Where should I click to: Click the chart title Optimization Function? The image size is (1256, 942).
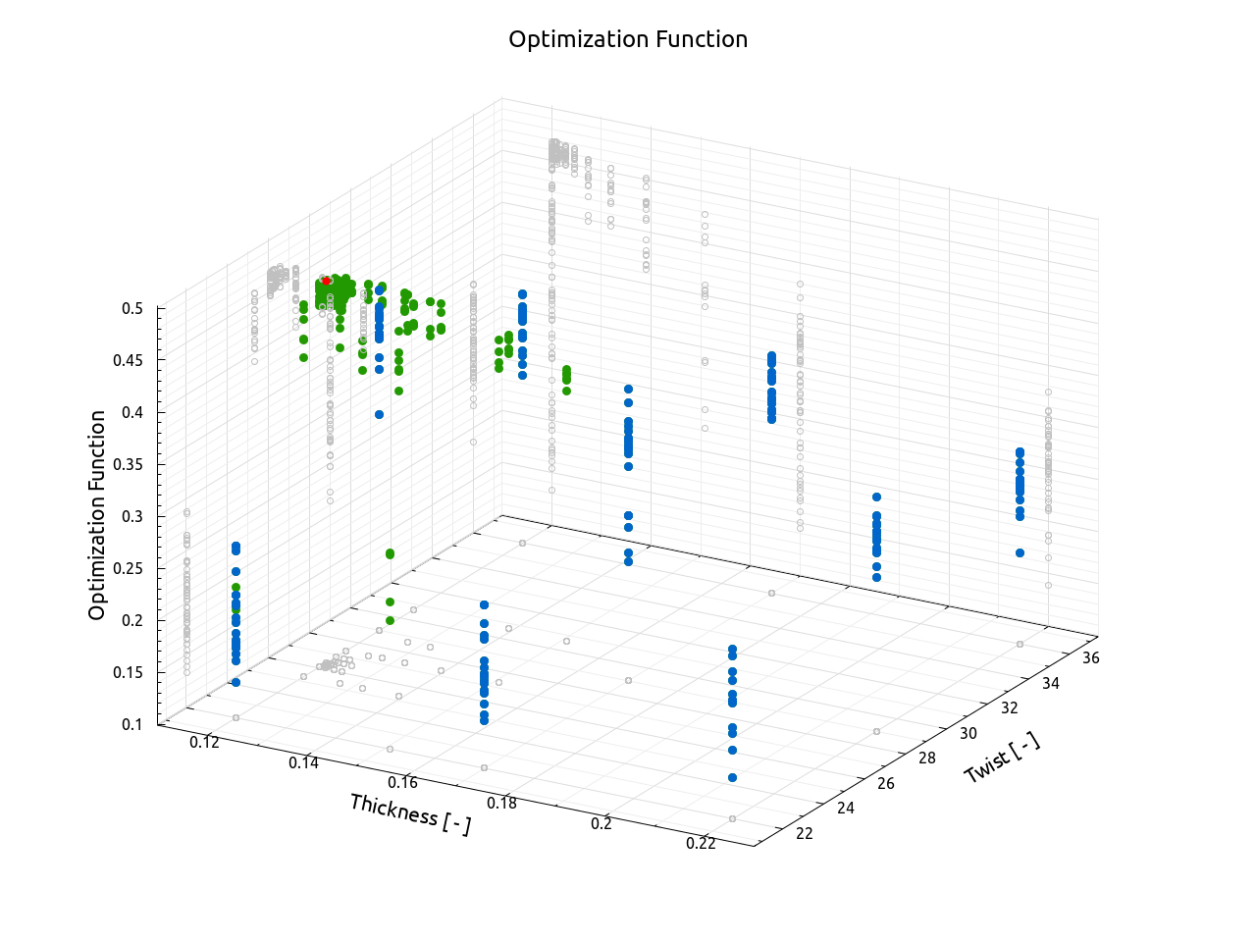pyautogui.click(x=628, y=39)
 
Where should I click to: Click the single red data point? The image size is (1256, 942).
pyautogui.click(x=326, y=281)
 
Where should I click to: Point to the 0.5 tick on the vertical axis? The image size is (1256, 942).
pyautogui.click(x=132, y=308)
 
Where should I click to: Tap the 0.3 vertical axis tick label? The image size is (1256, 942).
pyautogui.click(x=132, y=516)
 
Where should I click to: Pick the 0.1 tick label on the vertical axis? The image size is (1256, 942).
pyautogui.click(x=132, y=724)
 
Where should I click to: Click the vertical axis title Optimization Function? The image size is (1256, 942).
pyautogui.click(x=97, y=515)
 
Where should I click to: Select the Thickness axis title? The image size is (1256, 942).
pyautogui.click(x=410, y=814)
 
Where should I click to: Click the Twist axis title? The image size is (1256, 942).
pyautogui.click(x=1002, y=758)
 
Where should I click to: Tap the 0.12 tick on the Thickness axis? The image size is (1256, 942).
pyautogui.click(x=204, y=742)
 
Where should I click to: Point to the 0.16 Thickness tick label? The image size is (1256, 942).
pyautogui.click(x=402, y=782)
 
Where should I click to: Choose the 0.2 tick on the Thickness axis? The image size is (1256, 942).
pyautogui.click(x=602, y=823)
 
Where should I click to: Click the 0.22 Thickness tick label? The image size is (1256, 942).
pyautogui.click(x=701, y=843)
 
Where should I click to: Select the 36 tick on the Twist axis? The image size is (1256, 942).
pyautogui.click(x=1090, y=657)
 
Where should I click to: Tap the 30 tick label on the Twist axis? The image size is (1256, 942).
pyautogui.click(x=968, y=733)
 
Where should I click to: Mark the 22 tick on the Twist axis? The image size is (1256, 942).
pyautogui.click(x=805, y=833)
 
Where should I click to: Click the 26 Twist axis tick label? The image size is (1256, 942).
pyautogui.click(x=886, y=783)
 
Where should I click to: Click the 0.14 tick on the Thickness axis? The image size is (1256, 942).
pyautogui.click(x=303, y=762)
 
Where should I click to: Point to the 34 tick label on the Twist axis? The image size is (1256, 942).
pyautogui.click(x=1050, y=683)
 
